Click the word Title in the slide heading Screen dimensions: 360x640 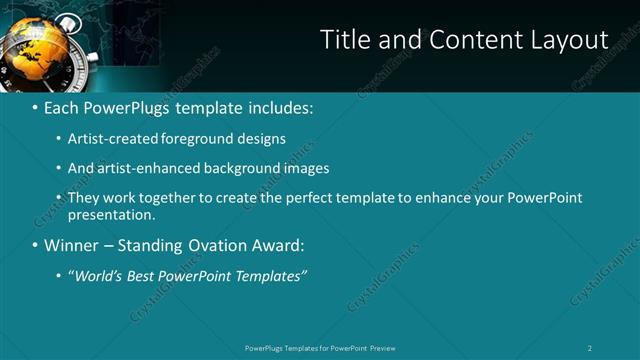click(x=344, y=39)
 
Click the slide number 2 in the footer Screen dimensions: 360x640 click(x=590, y=348)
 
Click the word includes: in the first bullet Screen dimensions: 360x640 click(x=278, y=106)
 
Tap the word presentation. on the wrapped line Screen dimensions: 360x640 click(x=112, y=214)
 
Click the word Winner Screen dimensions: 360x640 click(x=71, y=245)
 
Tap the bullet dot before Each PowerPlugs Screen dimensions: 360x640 click(x=35, y=107)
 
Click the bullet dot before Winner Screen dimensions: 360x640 click(x=35, y=246)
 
